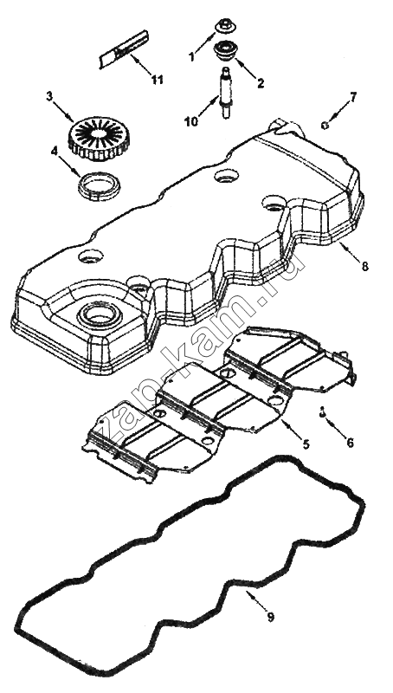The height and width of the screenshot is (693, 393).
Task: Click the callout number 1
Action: pos(191,57)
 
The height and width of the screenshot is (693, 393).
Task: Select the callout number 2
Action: pos(261,83)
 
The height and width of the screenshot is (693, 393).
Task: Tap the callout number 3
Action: pos(49,97)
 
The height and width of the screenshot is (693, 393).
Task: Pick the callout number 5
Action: pos(306,444)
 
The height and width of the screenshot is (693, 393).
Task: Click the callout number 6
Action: pos(351,443)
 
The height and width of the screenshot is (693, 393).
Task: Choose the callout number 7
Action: pos(353,97)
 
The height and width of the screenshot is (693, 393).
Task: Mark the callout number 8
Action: pos(364,267)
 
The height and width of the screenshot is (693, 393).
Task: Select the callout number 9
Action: pos(271,617)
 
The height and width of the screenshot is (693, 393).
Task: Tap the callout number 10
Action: pos(191,121)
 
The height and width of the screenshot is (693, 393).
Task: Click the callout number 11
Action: pos(157,80)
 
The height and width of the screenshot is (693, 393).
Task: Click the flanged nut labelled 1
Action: pos(224,27)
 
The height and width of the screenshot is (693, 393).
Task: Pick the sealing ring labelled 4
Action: pos(100,185)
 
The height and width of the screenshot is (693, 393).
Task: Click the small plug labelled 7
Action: pos(324,126)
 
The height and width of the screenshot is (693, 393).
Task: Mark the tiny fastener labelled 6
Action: pos(322,412)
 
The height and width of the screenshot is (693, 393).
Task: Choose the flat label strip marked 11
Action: pos(124,49)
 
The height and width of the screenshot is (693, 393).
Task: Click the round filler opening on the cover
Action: pos(99,314)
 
